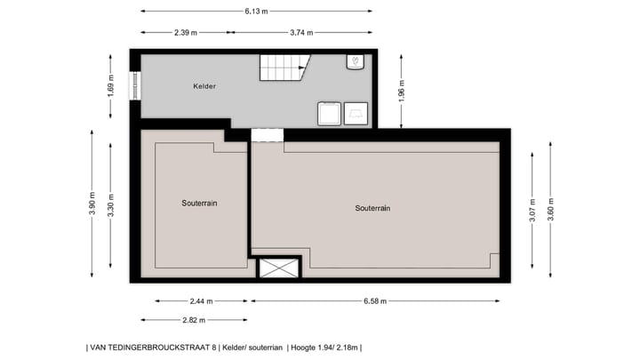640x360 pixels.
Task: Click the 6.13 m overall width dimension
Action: coord(256,12)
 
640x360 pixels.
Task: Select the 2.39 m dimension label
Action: coord(186,33)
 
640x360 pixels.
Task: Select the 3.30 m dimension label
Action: coord(111,205)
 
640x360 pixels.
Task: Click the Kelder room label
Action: coord(205,86)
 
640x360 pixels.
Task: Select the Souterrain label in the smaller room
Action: coord(199,203)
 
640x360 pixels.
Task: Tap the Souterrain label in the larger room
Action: coord(372,208)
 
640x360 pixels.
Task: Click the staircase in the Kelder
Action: coord(284,66)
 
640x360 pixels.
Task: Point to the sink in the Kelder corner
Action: coord(354,61)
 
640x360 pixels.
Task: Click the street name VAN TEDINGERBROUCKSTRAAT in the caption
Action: coord(151,348)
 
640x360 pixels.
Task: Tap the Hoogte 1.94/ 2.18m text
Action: coord(324,348)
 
